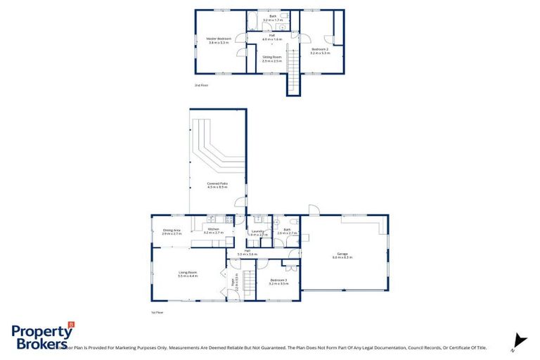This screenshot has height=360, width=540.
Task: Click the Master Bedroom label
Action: pos(219,41)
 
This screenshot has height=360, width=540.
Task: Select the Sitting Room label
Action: pos(271,59)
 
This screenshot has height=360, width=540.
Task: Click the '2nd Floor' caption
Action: pos(201,85)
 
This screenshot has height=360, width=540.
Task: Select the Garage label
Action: pos(342,256)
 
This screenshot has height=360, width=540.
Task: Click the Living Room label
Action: pos(187,274)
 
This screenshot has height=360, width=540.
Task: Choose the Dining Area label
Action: pos(172,231)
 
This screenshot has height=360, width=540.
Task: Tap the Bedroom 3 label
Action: pos(279,281)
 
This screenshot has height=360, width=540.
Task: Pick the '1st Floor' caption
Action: pos(157,311)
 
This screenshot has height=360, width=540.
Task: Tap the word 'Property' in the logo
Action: pos(38,331)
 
